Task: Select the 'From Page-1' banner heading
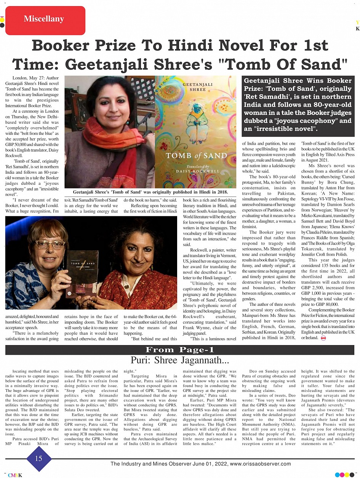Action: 180,350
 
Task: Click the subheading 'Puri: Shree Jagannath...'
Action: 180,360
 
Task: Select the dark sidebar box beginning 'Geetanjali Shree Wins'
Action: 298,106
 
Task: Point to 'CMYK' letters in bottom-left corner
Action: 15,475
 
